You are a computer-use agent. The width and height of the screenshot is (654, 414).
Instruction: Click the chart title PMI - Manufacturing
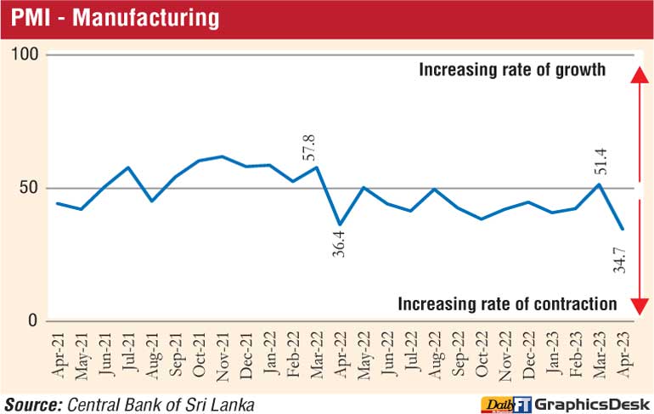click(115, 17)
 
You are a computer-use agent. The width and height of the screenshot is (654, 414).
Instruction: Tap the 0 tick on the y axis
click(34, 320)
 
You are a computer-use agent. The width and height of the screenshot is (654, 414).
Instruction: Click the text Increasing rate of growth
click(512, 70)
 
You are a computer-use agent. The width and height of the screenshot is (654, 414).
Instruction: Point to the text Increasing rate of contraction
click(507, 303)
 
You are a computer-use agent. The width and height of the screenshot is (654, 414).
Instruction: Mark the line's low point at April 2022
click(339, 225)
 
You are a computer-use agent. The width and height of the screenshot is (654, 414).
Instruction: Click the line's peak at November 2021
click(222, 156)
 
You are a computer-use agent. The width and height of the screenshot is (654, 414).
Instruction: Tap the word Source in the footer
click(33, 402)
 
